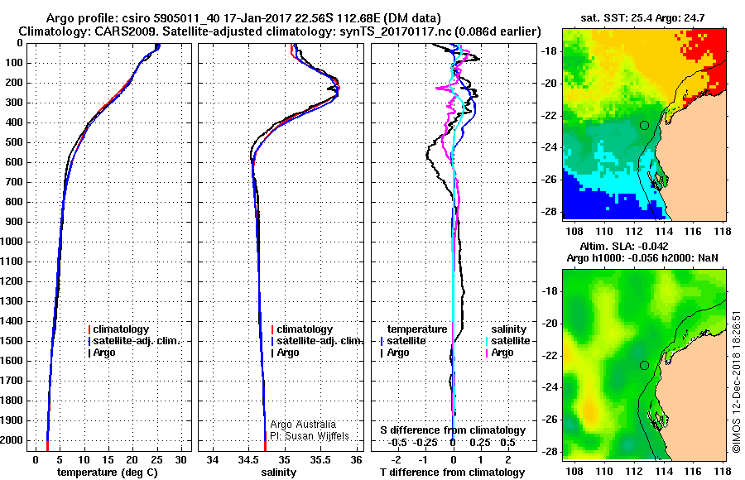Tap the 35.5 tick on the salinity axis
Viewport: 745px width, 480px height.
pos(320,459)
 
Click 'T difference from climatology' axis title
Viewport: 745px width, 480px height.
pos(452,472)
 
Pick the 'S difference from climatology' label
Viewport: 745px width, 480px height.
pos(453,430)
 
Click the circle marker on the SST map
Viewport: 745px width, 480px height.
pos(644,125)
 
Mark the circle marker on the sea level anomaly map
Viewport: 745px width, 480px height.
pos(644,365)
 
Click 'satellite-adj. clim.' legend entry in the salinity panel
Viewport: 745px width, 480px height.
pos(320,341)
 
